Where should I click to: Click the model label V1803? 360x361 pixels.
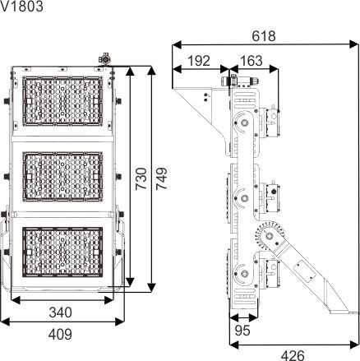[x=21, y=7]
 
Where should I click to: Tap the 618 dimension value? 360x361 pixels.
[x=264, y=36]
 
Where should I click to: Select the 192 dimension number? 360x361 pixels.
[x=199, y=61]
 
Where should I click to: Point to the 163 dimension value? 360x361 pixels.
[x=251, y=61]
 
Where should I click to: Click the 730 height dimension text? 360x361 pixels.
[x=141, y=179]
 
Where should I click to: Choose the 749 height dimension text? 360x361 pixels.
[x=161, y=178]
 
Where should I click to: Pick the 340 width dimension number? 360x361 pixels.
[x=61, y=312]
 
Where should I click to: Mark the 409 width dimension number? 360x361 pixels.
[x=60, y=334]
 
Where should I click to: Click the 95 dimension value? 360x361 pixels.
[x=242, y=331]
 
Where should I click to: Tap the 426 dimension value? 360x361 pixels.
[x=293, y=355]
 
